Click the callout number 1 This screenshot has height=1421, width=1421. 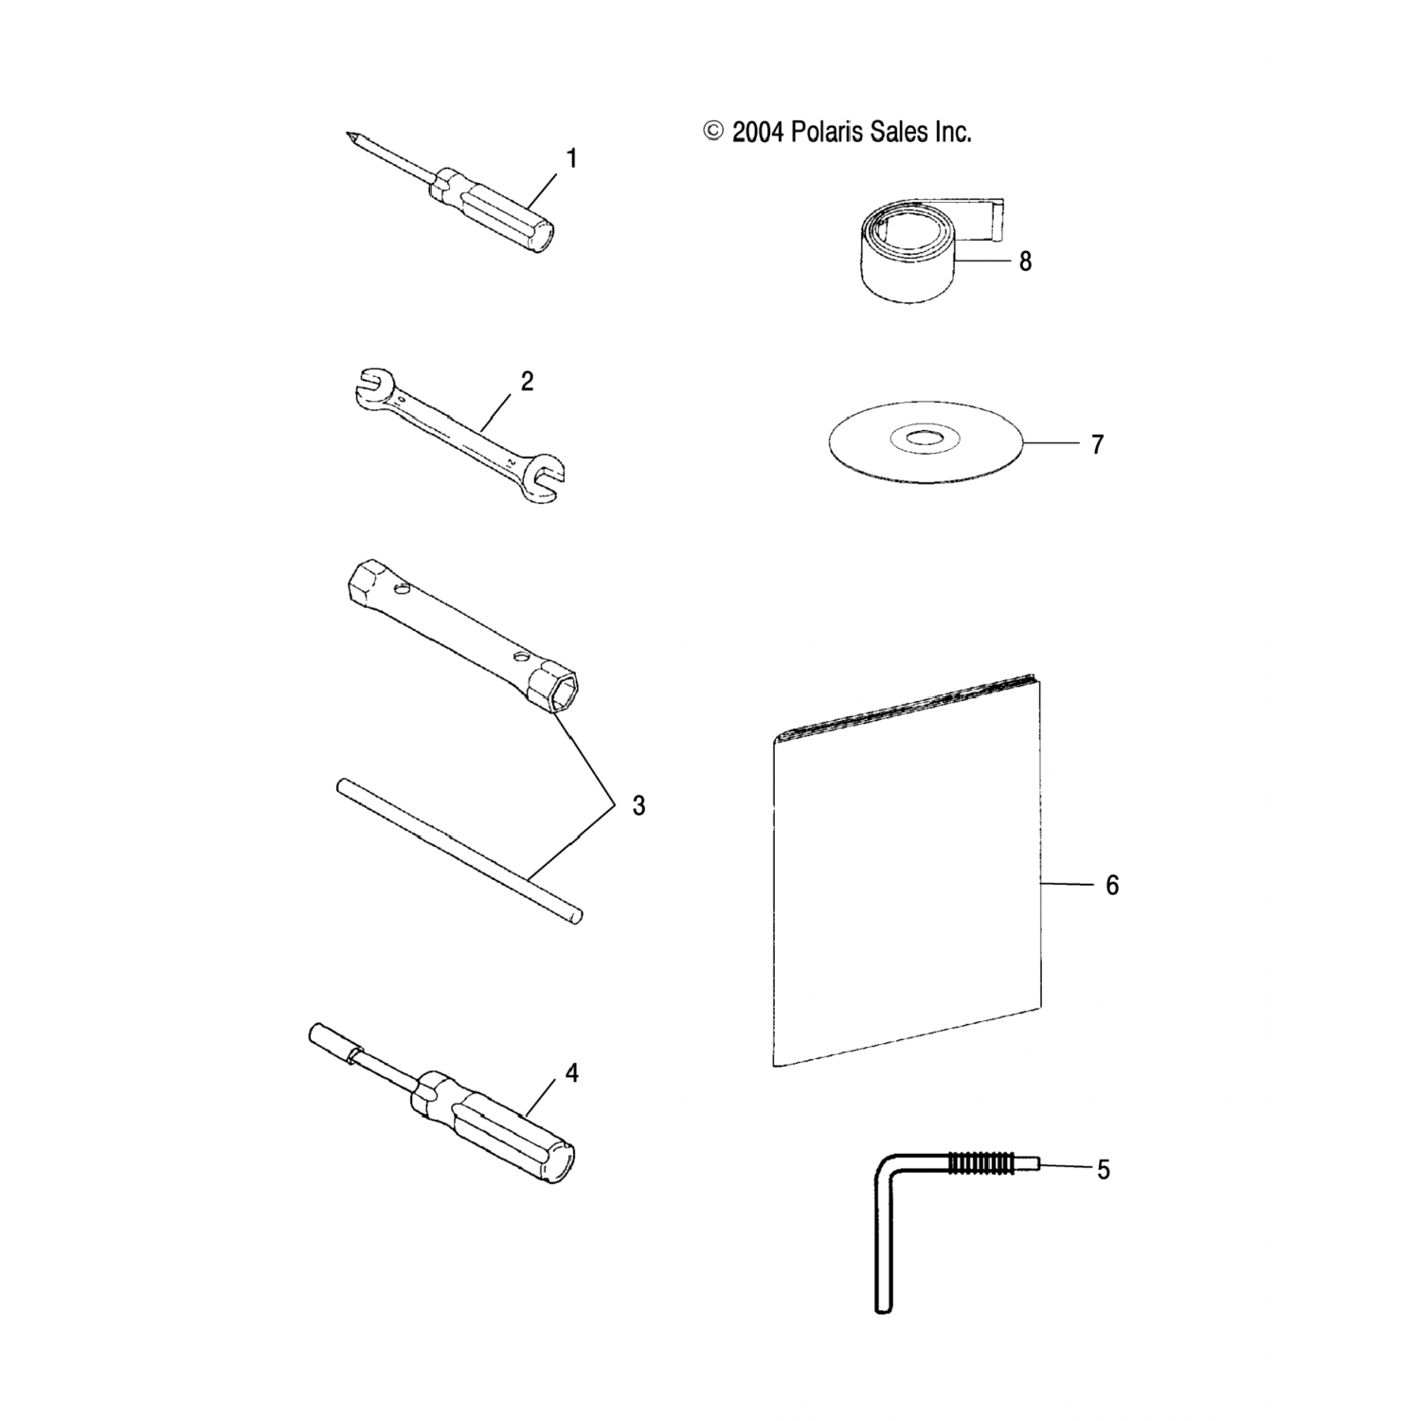point(571,159)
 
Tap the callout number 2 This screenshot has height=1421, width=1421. point(527,381)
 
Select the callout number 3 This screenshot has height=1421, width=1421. point(639,805)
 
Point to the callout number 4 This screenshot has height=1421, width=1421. point(571,1073)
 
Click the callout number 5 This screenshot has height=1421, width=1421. point(1103,1170)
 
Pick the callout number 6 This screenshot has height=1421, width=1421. point(1112,885)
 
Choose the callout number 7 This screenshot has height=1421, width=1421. point(1097,444)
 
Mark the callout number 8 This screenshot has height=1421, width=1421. point(1025,261)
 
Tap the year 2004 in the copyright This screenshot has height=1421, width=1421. point(758,132)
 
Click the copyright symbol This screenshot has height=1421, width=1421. point(713,132)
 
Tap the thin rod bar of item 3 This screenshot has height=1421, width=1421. point(459,850)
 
